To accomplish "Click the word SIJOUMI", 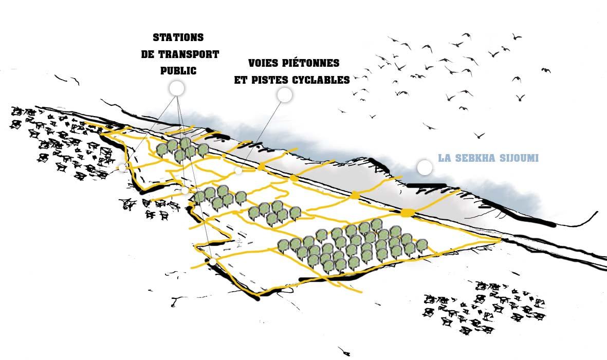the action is coord(519,158).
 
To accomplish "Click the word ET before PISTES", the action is coord(241,80).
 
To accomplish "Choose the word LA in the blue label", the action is coord(444,158).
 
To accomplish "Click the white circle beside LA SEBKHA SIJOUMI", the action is coord(425,167).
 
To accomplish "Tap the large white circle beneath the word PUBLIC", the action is coord(177,88).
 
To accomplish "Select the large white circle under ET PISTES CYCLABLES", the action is coord(284,94).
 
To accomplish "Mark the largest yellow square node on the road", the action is coord(407,213).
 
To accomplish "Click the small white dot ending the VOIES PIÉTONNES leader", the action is coord(238,170).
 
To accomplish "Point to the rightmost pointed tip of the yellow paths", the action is coord(501,239).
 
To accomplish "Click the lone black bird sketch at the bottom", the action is coord(345,351).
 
